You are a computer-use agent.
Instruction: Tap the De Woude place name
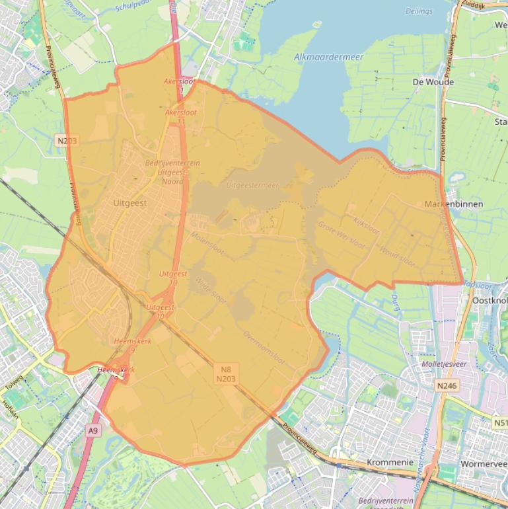point(433,83)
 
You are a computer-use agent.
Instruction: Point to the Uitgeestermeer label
point(252,186)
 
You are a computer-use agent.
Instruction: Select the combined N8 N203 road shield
point(226,375)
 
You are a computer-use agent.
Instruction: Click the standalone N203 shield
point(67,140)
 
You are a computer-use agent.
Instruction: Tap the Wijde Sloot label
point(210,291)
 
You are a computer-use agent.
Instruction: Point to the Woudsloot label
point(397,255)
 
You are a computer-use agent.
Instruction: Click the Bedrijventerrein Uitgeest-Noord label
point(172,172)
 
